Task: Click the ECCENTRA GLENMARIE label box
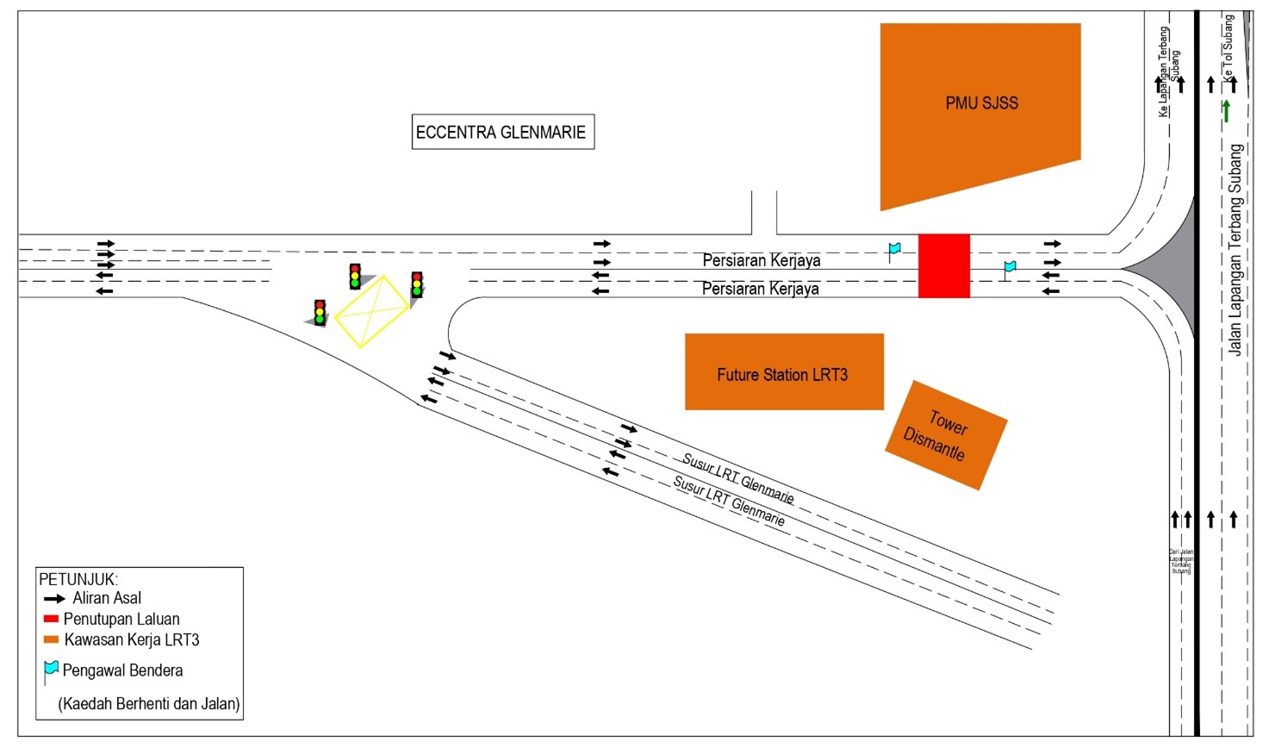point(502,132)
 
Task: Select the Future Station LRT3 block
point(783,372)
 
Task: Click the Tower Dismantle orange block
point(946,435)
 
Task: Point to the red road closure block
point(943,265)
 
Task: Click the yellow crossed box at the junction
point(371,311)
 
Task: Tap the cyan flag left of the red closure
point(894,250)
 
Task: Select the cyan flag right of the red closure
point(1009,268)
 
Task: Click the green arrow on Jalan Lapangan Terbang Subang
point(1226,110)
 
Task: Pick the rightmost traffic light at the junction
point(417,285)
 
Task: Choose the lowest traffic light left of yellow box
point(320,312)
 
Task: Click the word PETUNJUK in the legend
point(78,579)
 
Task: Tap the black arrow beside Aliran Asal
point(54,598)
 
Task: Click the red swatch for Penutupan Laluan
point(51,619)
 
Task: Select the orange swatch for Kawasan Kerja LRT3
point(51,639)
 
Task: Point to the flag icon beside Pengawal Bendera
point(51,670)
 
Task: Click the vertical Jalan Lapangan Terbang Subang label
point(1235,250)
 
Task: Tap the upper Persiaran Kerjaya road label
point(761,259)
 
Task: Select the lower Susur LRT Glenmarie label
point(729,501)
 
